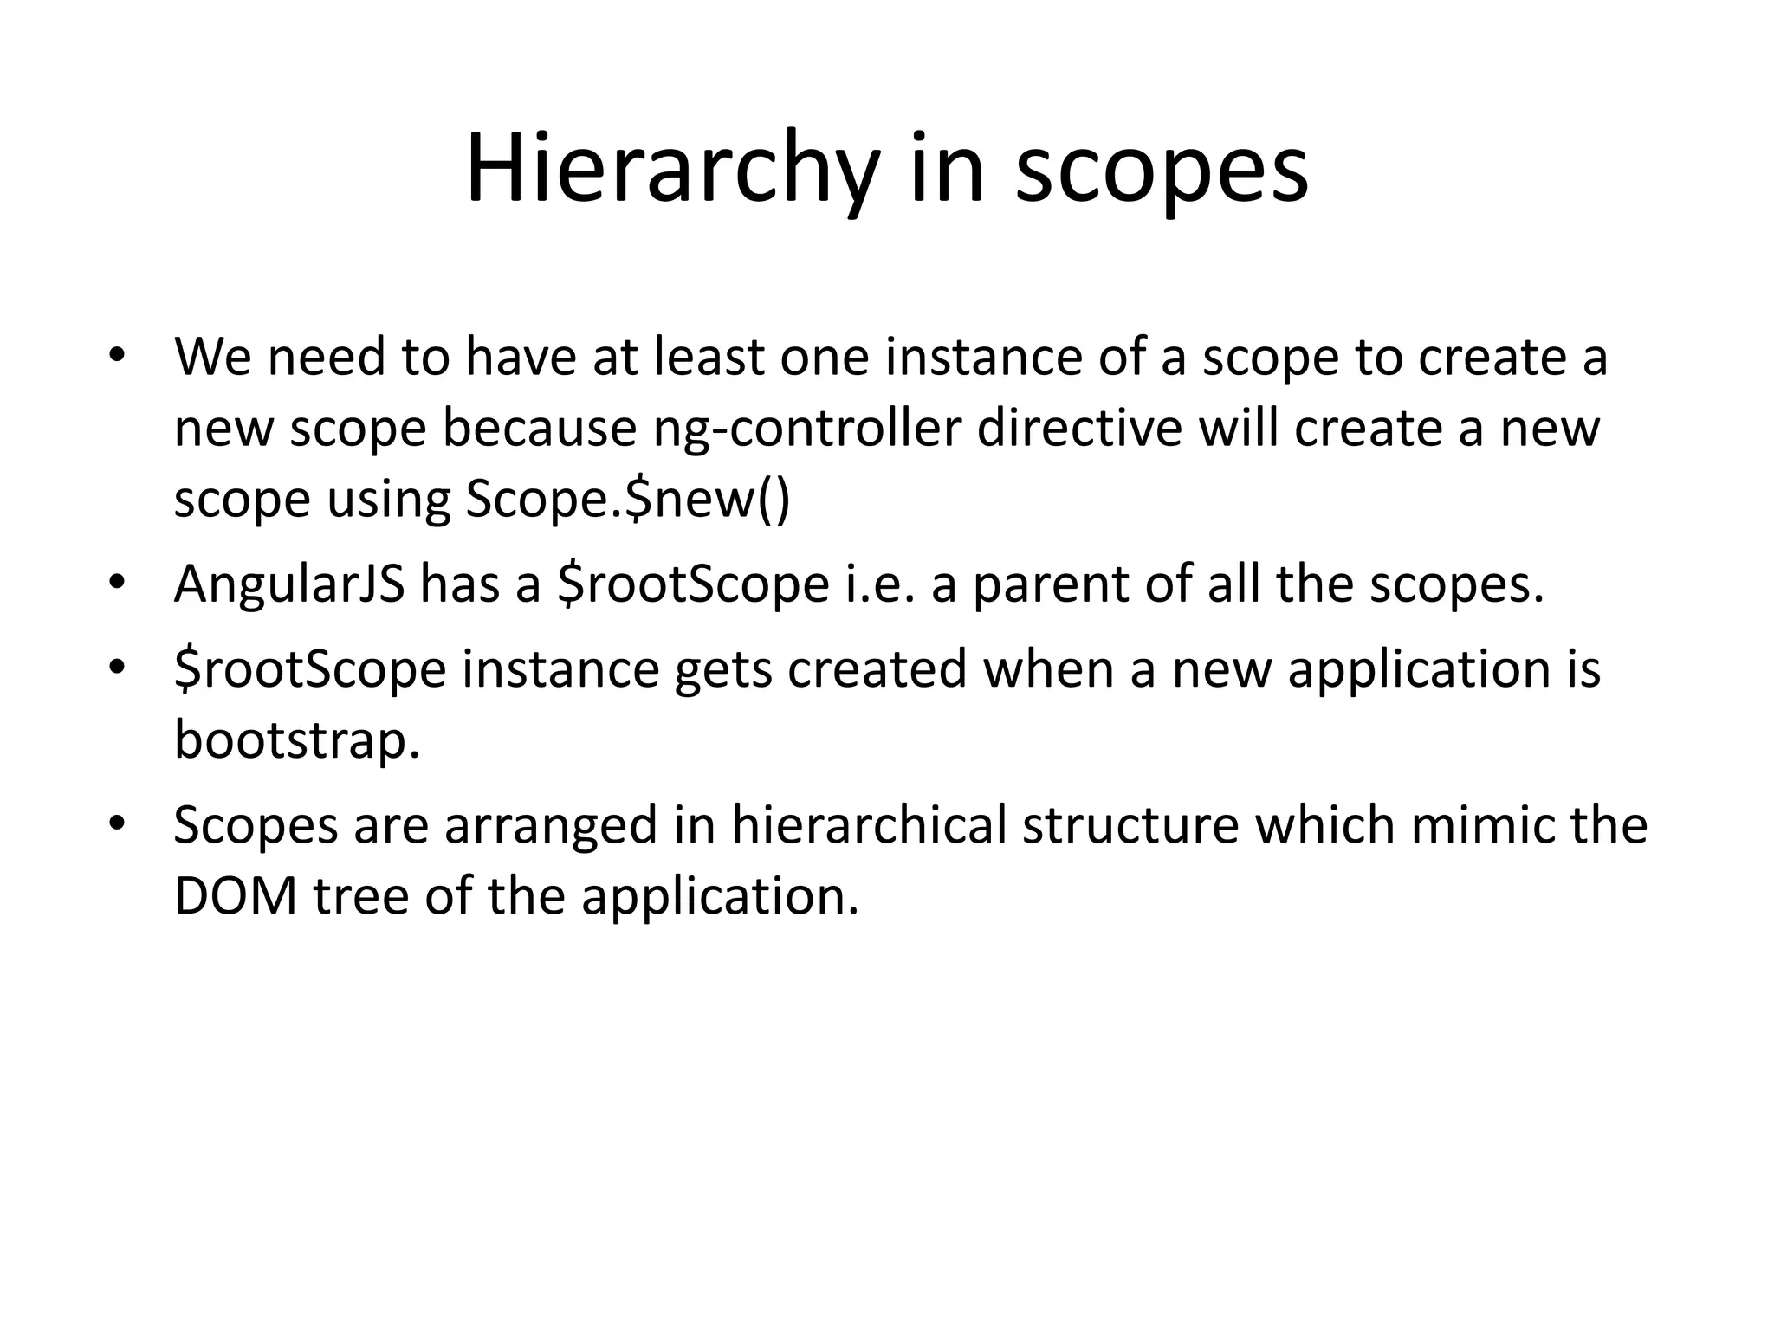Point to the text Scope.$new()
(x=628, y=500)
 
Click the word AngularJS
(x=289, y=584)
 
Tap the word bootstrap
(x=296, y=740)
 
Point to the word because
(x=540, y=428)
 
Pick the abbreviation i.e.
(x=878, y=584)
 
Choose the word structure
(x=1131, y=824)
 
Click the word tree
(x=361, y=895)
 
